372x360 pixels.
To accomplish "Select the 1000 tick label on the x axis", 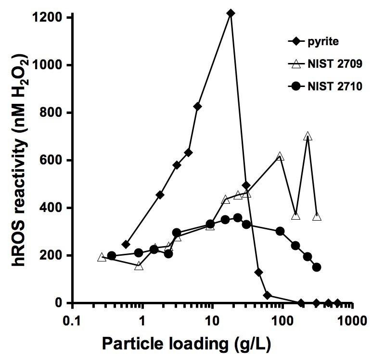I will click(351, 319).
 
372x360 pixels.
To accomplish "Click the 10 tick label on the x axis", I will click(212, 319).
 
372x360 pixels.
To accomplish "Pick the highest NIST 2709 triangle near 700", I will click(308, 137).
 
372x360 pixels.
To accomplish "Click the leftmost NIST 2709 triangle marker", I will click(102, 257).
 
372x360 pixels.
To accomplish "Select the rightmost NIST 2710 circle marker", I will click(317, 267).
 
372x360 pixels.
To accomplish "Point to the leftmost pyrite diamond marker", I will click(126, 245).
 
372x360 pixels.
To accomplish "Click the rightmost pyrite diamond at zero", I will click(337, 303).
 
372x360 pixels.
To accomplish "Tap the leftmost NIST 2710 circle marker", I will click(112, 256).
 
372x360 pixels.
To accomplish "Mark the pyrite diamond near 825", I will click(197, 106).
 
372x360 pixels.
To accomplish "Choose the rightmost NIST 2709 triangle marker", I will click(317, 217).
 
